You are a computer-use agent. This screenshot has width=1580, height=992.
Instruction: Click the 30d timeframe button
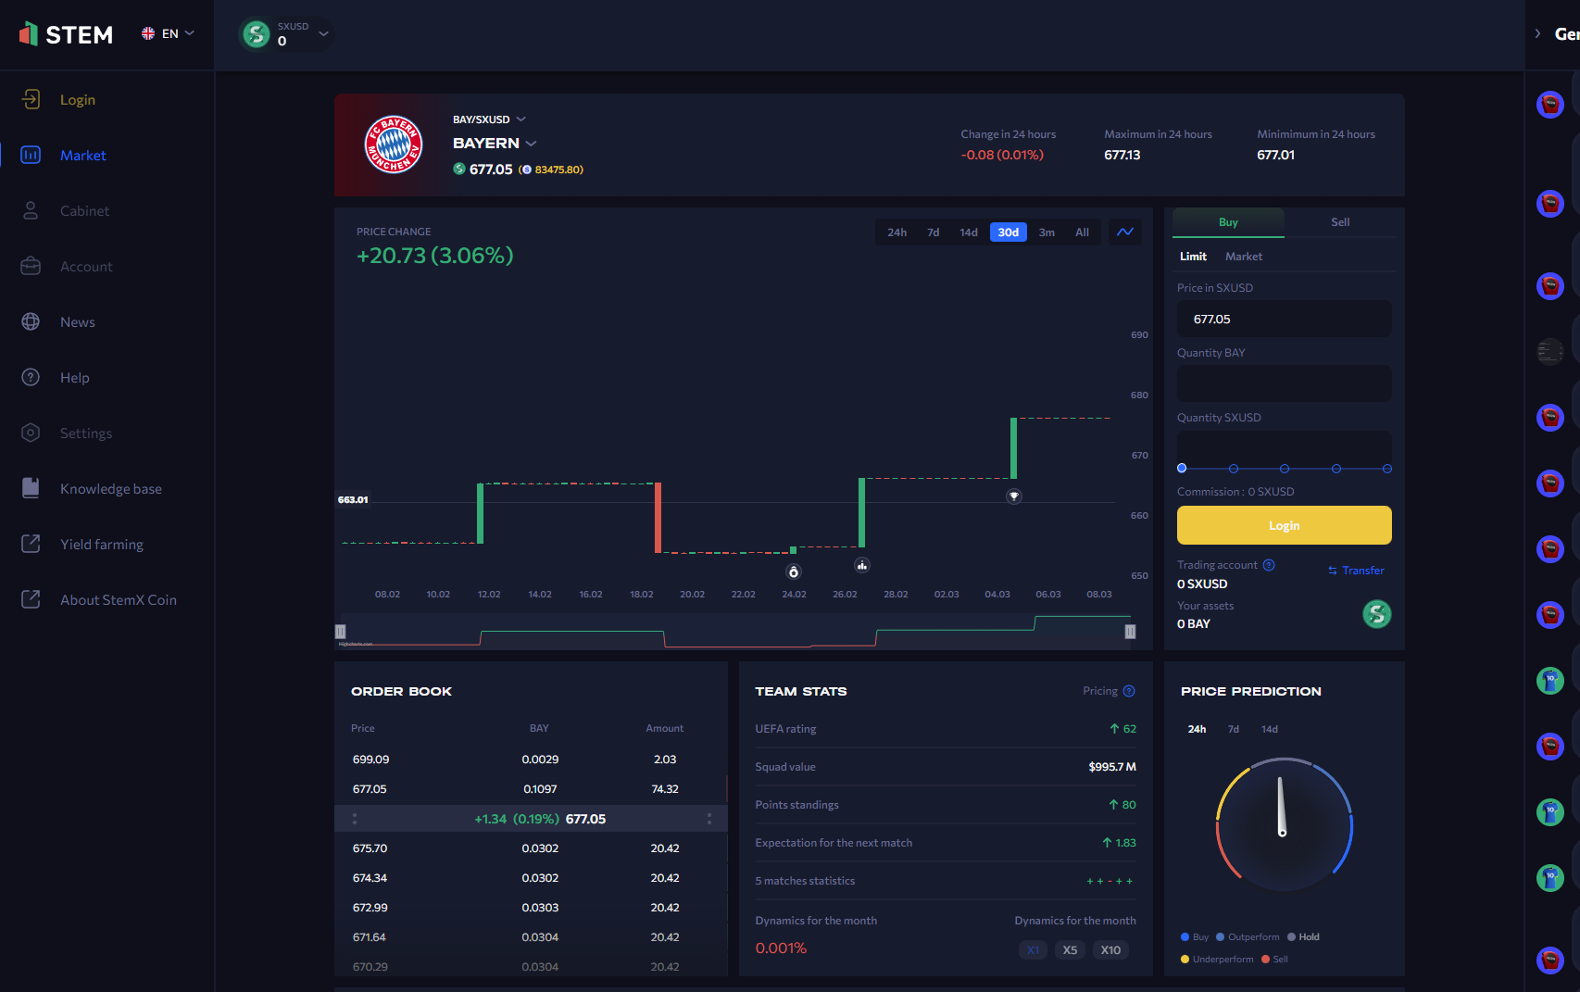(1008, 232)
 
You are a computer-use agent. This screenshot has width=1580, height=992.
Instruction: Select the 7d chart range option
(933, 232)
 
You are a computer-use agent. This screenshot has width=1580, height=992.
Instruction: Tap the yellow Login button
(1284, 525)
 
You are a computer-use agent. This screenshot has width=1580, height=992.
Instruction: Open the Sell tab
(1339, 222)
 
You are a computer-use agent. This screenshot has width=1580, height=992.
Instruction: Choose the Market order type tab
(1243, 257)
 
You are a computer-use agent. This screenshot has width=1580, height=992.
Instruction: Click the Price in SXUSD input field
(1284, 319)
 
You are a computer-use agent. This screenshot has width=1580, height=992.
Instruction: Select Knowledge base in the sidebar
(110, 489)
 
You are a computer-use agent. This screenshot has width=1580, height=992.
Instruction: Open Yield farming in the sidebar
(101, 545)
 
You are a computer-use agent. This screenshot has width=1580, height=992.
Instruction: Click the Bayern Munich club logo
(394, 144)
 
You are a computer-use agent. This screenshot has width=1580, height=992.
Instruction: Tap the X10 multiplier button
(1110, 950)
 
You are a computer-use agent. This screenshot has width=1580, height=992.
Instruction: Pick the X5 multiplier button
(1070, 950)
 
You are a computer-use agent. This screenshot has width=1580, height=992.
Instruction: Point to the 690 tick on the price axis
(1139, 335)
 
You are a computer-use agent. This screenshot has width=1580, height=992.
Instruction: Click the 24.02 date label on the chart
(794, 595)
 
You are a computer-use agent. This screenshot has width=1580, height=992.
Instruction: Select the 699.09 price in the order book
(370, 760)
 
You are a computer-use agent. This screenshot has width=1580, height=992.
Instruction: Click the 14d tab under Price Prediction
(1269, 730)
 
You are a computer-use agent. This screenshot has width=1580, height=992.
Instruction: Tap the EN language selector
(168, 33)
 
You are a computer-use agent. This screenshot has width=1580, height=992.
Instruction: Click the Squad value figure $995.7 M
(1111, 767)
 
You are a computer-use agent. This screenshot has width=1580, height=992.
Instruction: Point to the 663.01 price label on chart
(353, 500)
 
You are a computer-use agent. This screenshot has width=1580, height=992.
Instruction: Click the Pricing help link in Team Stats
(1108, 691)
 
